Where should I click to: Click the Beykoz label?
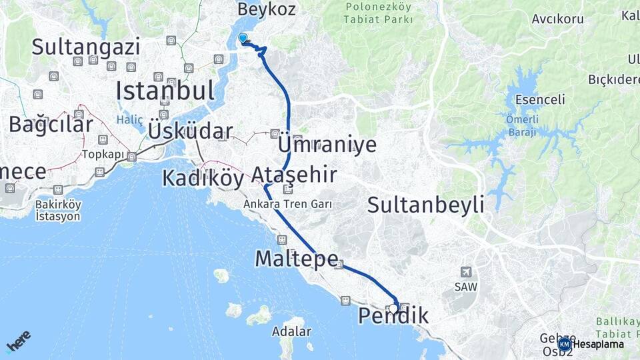pyautogui.click(x=266, y=11)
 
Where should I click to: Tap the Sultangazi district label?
pyautogui.click(x=85, y=47)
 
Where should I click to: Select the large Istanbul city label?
pyautogui.click(x=165, y=91)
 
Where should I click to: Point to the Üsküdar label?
pyautogui.click(x=191, y=131)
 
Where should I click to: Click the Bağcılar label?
pyautogui.click(x=51, y=125)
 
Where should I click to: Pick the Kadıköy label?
pyautogui.click(x=203, y=178)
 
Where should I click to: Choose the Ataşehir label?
pyautogui.click(x=293, y=176)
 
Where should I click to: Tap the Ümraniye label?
pyautogui.click(x=327, y=145)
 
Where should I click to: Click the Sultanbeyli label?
pyautogui.click(x=425, y=205)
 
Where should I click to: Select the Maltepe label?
pyautogui.click(x=297, y=259)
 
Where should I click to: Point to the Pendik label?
pyautogui.click(x=393, y=315)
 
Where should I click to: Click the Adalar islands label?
pyautogui.click(x=291, y=331)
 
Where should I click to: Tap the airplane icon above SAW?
pyautogui.click(x=466, y=272)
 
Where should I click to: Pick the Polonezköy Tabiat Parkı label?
pyautogui.click(x=378, y=13)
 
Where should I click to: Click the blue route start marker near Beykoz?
pyautogui.click(x=243, y=39)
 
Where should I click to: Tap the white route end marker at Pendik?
pyautogui.click(x=393, y=308)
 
